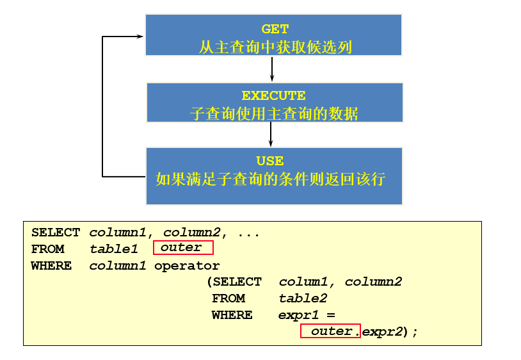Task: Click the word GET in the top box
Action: tap(275, 29)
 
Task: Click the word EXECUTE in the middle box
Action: tap(273, 96)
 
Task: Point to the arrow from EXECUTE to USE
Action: tap(271, 135)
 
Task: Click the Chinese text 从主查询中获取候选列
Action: tap(275, 47)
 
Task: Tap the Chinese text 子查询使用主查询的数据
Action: tap(274, 114)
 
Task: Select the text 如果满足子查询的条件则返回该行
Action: tap(270, 179)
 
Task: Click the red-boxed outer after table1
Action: tap(182, 247)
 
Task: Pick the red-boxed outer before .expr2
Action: tap(330, 331)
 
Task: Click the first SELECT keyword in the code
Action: tap(56, 233)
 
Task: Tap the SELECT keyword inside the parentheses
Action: tap(237, 282)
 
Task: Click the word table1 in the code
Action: tap(114, 249)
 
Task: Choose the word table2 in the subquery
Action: tap(303, 299)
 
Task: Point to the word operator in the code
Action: tap(187, 265)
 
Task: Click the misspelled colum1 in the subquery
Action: tap(303, 282)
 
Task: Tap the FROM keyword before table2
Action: tap(228, 299)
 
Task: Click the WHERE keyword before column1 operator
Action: tap(51, 265)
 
